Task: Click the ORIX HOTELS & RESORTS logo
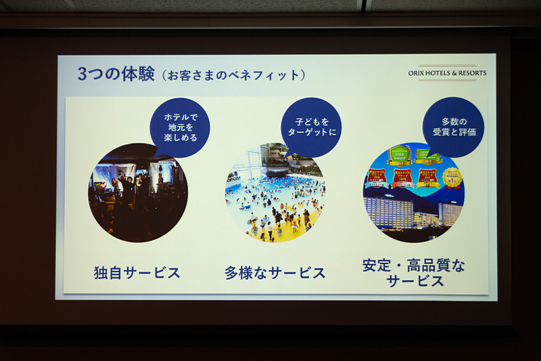(447, 73)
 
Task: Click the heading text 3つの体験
(116, 75)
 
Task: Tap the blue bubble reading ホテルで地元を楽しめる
(181, 127)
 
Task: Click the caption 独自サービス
(137, 273)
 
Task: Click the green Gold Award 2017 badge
(398, 158)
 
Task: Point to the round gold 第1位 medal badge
(451, 178)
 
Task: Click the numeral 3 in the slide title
(82, 75)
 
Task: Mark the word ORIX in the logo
(417, 73)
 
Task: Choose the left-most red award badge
(377, 178)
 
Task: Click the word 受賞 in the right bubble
(443, 132)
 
